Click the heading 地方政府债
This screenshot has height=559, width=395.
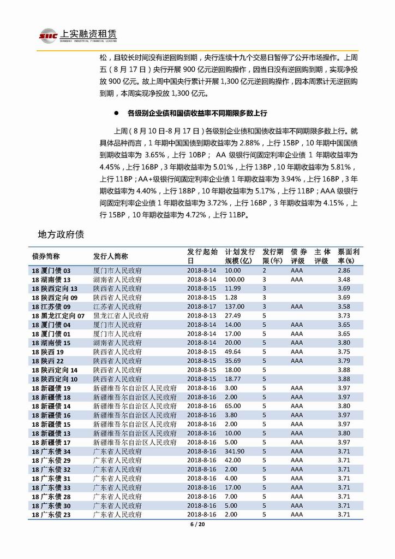pyautogui.click(x=61, y=234)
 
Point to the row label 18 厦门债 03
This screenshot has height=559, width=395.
pyautogui.click(x=51, y=270)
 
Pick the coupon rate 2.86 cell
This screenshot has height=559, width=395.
pyautogui.click(x=343, y=270)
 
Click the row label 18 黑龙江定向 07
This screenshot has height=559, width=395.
pyautogui.click(x=58, y=316)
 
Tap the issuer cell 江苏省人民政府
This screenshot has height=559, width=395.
pyautogui.click(x=117, y=307)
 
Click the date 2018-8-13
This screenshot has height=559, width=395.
pyautogui.click(x=202, y=316)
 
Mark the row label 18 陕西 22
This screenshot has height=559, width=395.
pyautogui.click(x=47, y=361)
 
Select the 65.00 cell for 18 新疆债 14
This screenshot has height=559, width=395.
pyautogui.click(x=234, y=406)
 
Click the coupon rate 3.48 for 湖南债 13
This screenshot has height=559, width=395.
pyautogui.click(x=343, y=279)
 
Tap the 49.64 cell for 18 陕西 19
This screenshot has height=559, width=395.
pyautogui.click(x=233, y=352)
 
